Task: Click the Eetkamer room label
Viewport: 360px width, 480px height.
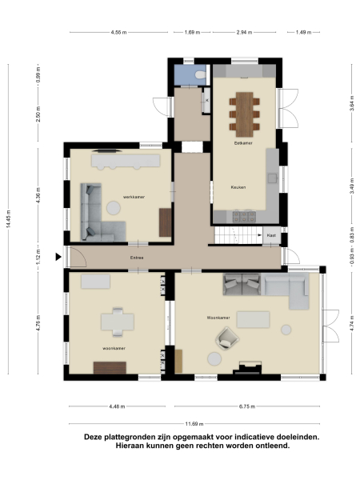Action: click(x=233, y=142)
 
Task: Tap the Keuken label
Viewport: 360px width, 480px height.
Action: click(x=238, y=186)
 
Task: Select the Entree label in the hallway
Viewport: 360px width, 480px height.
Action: click(x=138, y=258)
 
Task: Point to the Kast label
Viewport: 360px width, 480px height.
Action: click(x=271, y=236)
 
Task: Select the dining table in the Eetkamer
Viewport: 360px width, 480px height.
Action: click(x=245, y=111)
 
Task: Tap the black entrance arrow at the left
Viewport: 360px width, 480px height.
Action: click(x=58, y=257)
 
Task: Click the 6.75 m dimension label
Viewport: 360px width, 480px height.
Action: click(x=246, y=406)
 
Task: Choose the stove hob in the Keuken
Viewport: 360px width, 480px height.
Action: click(x=242, y=216)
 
